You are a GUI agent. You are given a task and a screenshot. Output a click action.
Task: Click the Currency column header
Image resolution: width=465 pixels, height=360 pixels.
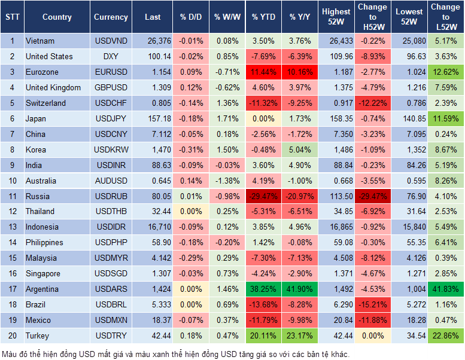(x=111, y=17)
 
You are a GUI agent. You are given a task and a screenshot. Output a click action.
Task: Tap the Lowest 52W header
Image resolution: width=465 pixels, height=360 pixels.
(x=409, y=17)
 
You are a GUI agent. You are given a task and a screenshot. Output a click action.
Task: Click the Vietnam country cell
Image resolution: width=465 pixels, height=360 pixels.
(x=41, y=41)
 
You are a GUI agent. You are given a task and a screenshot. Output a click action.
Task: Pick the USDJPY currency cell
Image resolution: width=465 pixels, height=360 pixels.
(x=111, y=119)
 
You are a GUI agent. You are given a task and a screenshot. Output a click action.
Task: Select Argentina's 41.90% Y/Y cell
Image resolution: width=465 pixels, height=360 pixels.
(x=300, y=289)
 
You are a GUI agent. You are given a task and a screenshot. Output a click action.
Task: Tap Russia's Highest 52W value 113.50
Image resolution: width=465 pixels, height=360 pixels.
(x=336, y=196)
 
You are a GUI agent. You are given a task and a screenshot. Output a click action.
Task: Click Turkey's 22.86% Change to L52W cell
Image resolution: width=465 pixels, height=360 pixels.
(x=445, y=335)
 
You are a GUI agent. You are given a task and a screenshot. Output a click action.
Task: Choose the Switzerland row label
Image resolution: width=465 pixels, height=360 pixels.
(x=45, y=103)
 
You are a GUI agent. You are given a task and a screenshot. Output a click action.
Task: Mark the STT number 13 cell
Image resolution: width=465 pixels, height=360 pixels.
(x=11, y=227)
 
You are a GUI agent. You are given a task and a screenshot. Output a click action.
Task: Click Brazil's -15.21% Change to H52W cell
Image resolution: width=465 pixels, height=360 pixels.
(x=372, y=304)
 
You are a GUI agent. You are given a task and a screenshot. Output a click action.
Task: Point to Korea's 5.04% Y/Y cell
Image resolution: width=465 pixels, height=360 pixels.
(x=300, y=150)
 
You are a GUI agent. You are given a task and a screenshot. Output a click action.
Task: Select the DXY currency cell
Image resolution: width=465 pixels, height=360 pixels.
(x=111, y=57)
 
